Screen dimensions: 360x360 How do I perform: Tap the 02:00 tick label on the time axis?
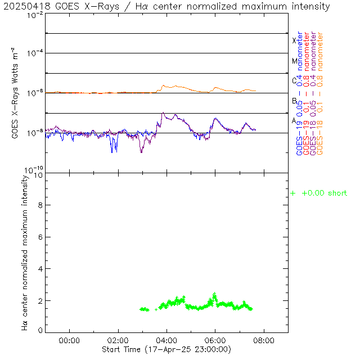click(118, 340)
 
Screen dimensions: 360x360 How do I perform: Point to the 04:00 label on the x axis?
click(166, 340)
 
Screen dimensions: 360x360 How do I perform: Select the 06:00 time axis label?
click(215, 340)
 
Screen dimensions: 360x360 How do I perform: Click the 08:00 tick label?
click(264, 340)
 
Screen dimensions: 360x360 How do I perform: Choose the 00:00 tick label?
click(69, 340)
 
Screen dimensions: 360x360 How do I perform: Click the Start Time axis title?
click(166, 349)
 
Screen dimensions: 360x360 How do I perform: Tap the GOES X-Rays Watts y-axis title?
click(16, 93)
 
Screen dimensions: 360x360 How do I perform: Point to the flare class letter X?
click(294, 40)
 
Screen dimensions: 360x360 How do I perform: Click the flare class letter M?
click(294, 61)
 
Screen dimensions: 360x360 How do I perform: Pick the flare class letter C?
click(294, 80)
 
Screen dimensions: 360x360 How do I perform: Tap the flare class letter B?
click(294, 101)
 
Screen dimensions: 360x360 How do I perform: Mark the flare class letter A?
click(294, 120)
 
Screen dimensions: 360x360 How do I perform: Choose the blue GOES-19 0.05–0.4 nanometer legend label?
click(299, 93)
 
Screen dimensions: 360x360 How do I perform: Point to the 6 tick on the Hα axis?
click(40, 237)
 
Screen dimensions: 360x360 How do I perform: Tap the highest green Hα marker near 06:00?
click(214, 294)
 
